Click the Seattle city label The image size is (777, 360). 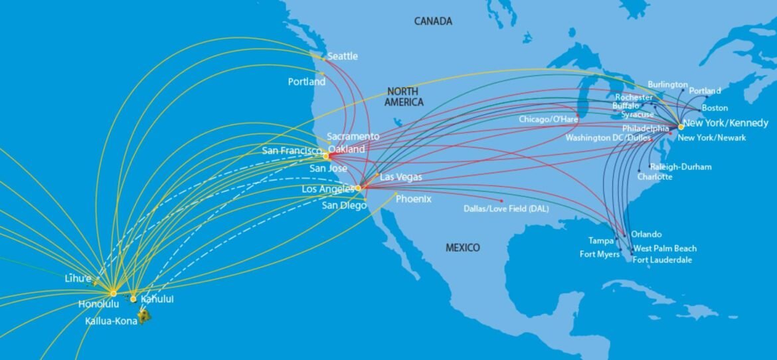(x=343, y=56)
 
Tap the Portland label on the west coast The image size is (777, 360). (x=306, y=82)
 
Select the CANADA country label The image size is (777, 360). (x=433, y=21)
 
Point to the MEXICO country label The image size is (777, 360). (x=462, y=248)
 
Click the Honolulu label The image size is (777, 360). (x=98, y=304)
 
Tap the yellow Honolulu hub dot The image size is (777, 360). (x=114, y=293)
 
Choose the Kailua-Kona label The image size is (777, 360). (x=111, y=321)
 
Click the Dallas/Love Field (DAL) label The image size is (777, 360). (x=506, y=209)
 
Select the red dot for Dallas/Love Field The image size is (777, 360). (x=501, y=200)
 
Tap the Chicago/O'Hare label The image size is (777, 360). (x=549, y=119)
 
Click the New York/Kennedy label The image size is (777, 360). (x=726, y=123)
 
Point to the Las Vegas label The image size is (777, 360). (x=400, y=177)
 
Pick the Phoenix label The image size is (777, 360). (x=413, y=199)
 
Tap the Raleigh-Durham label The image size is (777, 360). (x=681, y=167)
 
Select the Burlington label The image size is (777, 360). (x=667, y=84)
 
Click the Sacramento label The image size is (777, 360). (x=353, y=136)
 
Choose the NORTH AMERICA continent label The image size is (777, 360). (x=404, y=97)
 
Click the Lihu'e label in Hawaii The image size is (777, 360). (x=78, y=278)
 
